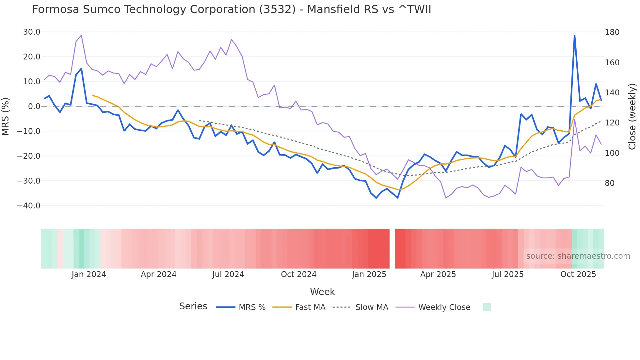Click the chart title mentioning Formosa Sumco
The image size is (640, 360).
click(232, 9)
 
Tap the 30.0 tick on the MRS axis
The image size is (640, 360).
click(32, 32)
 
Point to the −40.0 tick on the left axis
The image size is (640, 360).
click(29, 206)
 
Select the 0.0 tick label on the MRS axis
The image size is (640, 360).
click(34, 106)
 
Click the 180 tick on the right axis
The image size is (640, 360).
click(612, 32)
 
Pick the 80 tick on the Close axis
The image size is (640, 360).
click(610, 183)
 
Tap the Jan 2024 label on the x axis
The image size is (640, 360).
click(89, 274)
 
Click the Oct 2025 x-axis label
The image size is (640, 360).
click(578, 274)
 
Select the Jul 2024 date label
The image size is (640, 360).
click(228, 274)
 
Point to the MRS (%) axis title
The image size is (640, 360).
click(6, 117)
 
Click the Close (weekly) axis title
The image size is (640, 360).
click(632, 117)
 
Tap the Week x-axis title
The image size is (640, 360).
click(322, 292)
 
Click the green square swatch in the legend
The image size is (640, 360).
click(487, 307)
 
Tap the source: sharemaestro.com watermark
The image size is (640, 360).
click(578, 256)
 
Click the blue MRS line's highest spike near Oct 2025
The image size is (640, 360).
click(574, 36)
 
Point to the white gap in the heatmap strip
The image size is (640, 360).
click(392, 249)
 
